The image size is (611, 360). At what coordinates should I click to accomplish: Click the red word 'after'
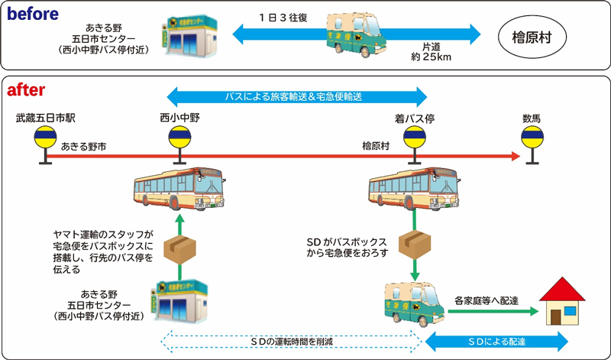[27, 91]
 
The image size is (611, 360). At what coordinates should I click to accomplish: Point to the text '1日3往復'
[282, 17]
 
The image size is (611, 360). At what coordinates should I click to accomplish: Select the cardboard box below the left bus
[181, 248]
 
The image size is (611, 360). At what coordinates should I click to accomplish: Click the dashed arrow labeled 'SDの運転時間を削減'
[289, 339]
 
